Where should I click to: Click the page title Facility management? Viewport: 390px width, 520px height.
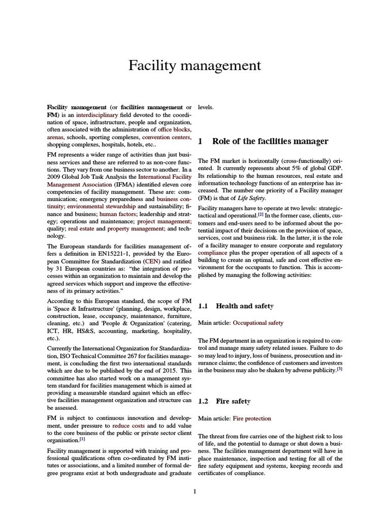click(x=194, y=66)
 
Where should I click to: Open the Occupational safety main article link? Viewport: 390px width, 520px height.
click(x=257, y=322)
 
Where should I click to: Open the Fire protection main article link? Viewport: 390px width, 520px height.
click(x=251, y=418)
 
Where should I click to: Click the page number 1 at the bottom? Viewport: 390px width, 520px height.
click(x=194, y=491)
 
